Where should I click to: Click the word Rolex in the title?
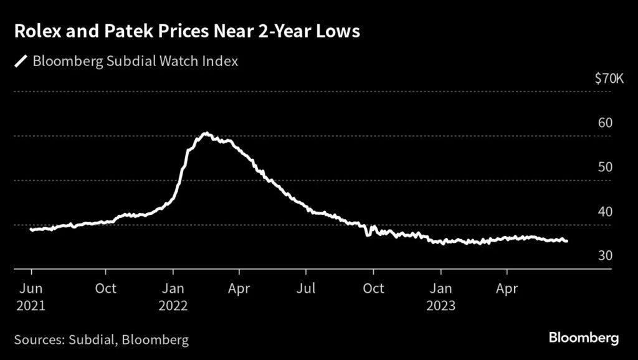(39, 32)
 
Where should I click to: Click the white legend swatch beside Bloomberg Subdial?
(21, 61)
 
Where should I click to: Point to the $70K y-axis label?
(609, 78)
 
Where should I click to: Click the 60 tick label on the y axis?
(604, 123)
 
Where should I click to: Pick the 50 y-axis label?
(604, 167)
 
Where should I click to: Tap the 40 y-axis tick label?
(604, 212)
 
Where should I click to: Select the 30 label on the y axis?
(604, 256)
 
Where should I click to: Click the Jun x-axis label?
(31, 289)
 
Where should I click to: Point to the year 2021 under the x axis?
(31, 306)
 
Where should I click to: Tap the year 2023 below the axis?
(440, 306)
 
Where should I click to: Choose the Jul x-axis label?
(306, 289)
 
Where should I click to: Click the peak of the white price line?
(206, 133)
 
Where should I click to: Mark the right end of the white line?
(566, 241)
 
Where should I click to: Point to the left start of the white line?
(31, 230)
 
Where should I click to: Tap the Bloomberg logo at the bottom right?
(583, 338)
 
